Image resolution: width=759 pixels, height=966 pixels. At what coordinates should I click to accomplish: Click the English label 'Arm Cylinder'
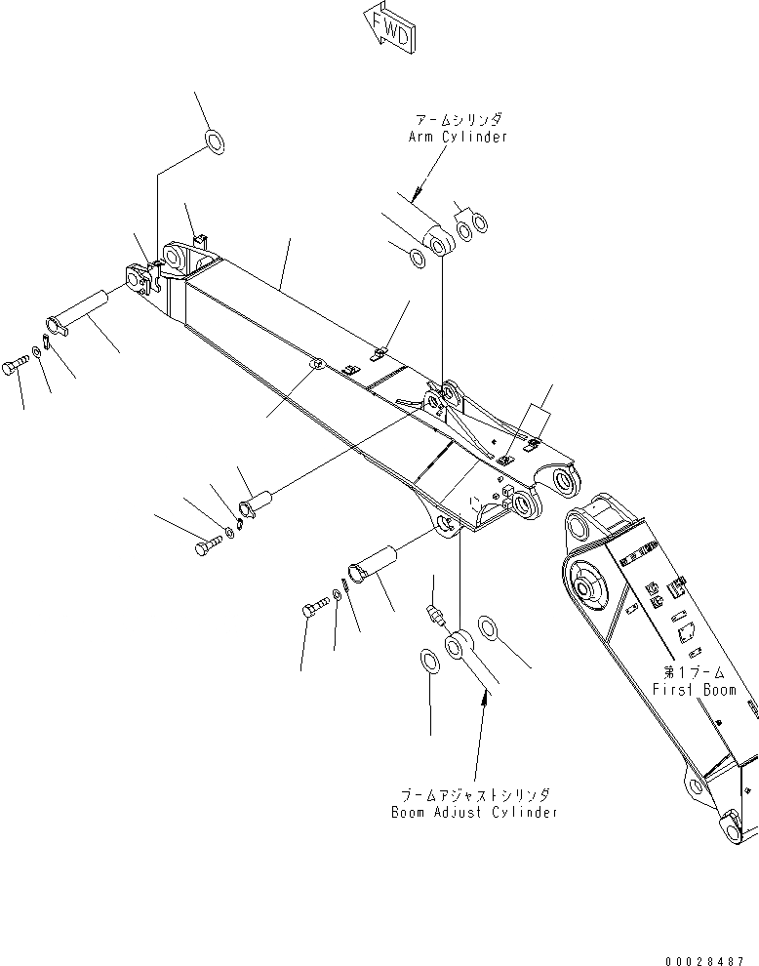click(458, 137)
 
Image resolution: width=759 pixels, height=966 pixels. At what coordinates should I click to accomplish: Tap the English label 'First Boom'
click(695, 690)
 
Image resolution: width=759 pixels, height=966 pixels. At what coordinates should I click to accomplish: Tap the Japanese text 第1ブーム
click(695, 673)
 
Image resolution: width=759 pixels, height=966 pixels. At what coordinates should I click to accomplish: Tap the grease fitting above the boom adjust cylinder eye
click(435, 614)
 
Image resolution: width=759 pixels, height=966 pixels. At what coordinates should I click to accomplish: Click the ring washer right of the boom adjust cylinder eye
click(491, 629)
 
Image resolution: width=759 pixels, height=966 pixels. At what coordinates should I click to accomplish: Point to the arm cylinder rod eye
click(438, 240)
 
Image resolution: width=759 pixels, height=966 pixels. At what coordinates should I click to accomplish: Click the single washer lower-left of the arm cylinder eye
click(417, 259)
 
